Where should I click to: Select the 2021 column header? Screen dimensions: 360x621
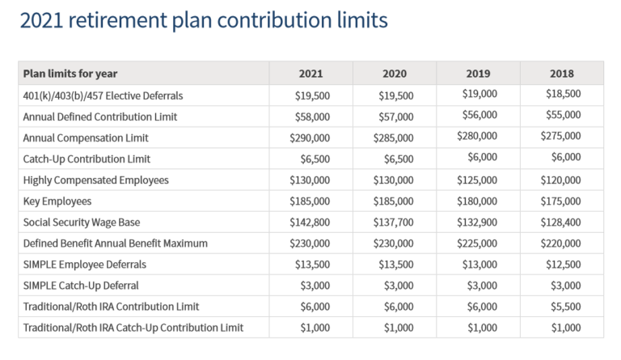click(310, 74)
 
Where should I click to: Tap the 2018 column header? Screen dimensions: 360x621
click(561, 74)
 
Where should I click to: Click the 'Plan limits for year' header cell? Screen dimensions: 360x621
click(70, 74)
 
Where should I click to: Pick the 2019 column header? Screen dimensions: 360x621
click(478, 74)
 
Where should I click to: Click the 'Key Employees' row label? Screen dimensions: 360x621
click(57, 201)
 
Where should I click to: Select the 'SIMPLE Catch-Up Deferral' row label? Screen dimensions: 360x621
click(81, 285)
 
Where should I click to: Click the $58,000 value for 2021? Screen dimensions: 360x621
click(310, 116)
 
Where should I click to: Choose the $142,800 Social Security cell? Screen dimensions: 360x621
click(310, 222)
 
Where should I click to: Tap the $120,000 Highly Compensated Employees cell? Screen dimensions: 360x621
click(560, 180)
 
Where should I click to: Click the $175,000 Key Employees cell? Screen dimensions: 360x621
click(560, 201)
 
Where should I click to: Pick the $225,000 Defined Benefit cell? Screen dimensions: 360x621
click(477, 243)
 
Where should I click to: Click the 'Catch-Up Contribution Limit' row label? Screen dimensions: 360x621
click(87, 159)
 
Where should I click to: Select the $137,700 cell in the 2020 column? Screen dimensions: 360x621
click(394, 222)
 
